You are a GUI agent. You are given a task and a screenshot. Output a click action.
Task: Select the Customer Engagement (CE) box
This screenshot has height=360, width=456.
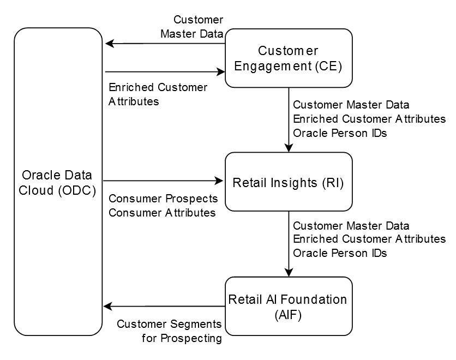289,58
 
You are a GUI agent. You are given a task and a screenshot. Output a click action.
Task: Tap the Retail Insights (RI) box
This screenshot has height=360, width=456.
289,182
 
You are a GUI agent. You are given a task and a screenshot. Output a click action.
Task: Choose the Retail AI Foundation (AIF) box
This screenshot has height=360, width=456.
289,306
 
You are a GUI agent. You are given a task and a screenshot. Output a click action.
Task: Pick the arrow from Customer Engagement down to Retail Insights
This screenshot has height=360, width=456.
289,120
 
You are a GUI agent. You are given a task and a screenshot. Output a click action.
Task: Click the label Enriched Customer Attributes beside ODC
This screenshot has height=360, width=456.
158,94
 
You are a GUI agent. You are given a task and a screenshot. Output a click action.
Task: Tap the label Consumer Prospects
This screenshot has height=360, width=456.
163,198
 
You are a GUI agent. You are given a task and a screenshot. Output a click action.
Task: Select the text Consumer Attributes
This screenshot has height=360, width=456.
162,213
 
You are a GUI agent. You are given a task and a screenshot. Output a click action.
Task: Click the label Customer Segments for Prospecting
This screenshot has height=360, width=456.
170,331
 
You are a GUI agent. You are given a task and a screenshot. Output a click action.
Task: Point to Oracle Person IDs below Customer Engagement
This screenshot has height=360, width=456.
340,133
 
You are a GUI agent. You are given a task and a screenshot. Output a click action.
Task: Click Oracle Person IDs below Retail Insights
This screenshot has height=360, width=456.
340,253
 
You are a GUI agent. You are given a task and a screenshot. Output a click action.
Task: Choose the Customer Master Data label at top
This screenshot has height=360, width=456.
191,27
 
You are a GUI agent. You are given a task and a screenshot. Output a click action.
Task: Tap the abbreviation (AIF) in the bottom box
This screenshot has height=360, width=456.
288,314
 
